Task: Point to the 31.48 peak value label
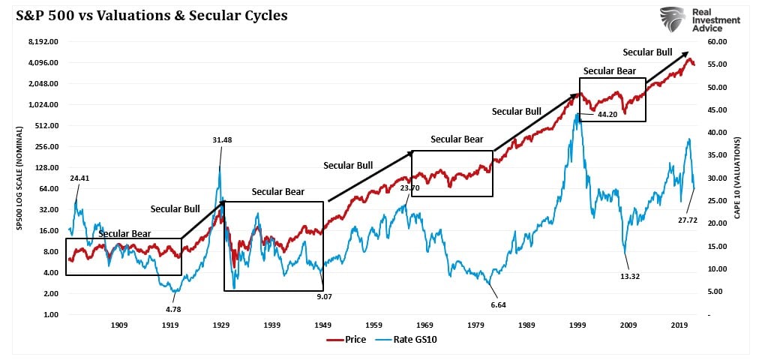tap(221, 139)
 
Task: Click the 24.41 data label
tap(80, 178)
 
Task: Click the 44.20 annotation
tap(607, 114)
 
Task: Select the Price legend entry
tap(346, 340)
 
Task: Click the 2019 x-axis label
tap(680, 325)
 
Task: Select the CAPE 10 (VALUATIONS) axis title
tap(739, 177)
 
